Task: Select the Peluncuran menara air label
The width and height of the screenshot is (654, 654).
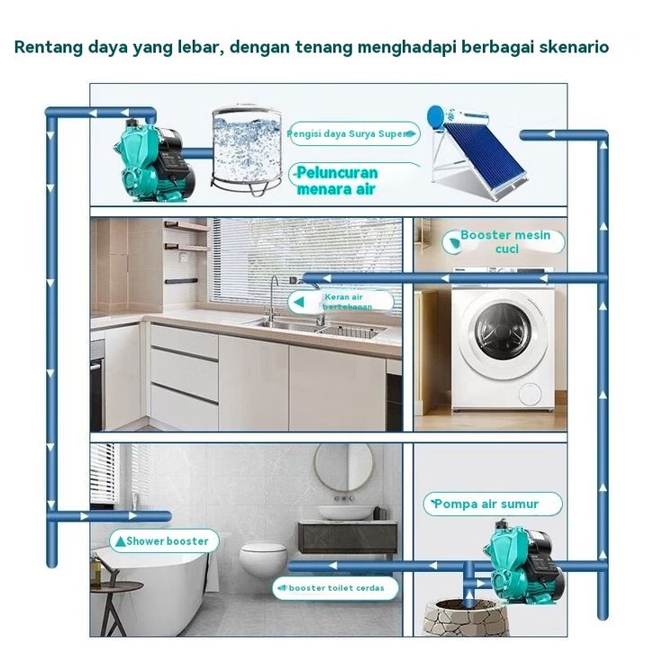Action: pyautogui.click(x=337, y=180)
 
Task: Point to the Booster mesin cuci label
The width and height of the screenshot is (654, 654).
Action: pyautogui.click(x=504, y=241)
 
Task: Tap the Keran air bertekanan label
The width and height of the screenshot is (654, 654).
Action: pyautogui.click(x=343, y=301)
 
